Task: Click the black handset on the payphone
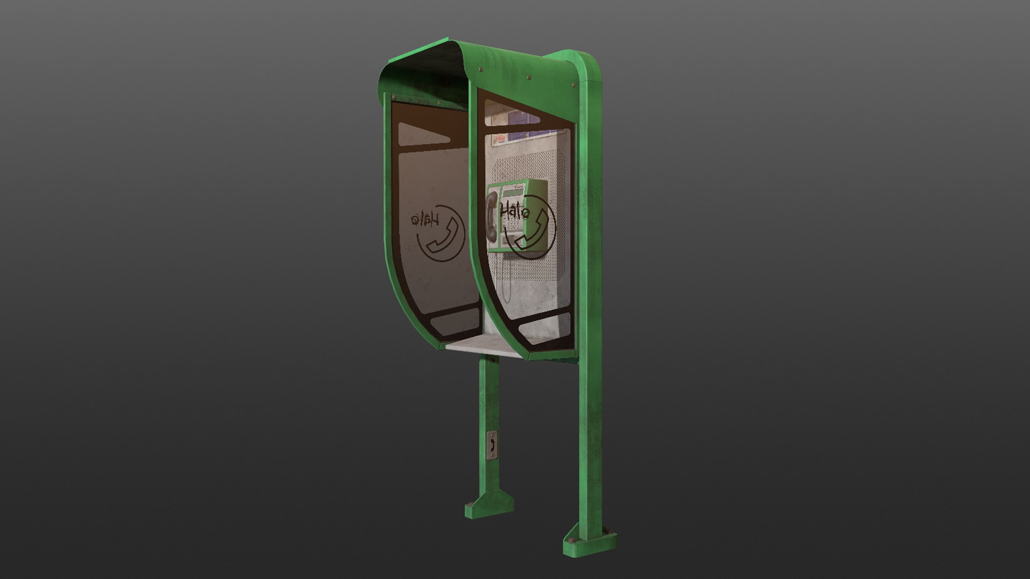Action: tap(491, 219)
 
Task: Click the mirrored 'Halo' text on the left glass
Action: tap(425, 221)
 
